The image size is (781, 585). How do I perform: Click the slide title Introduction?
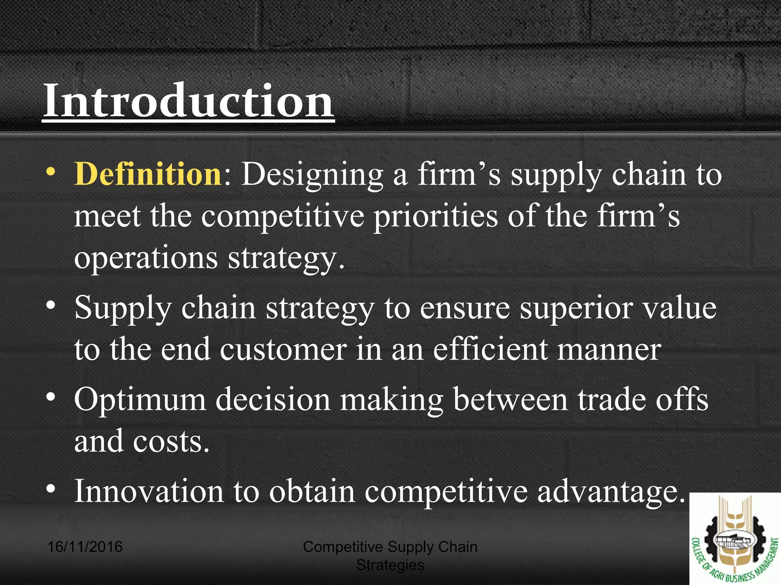tap(189, 101)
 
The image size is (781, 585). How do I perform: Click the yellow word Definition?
tap(148, 174)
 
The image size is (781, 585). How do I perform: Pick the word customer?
tap(283, 349)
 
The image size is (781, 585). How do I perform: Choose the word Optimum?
tap(140, 400)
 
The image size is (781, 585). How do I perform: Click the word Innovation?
tap(149, 491)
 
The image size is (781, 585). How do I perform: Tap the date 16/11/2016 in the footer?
tap(85, 547)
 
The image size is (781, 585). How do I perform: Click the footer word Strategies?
tap(390, 565)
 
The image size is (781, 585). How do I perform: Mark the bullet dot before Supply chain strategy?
tap(51, 305)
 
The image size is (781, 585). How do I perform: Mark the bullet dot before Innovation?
tap(51, 489)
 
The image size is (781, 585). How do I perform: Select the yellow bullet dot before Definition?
tap(51, 172)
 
